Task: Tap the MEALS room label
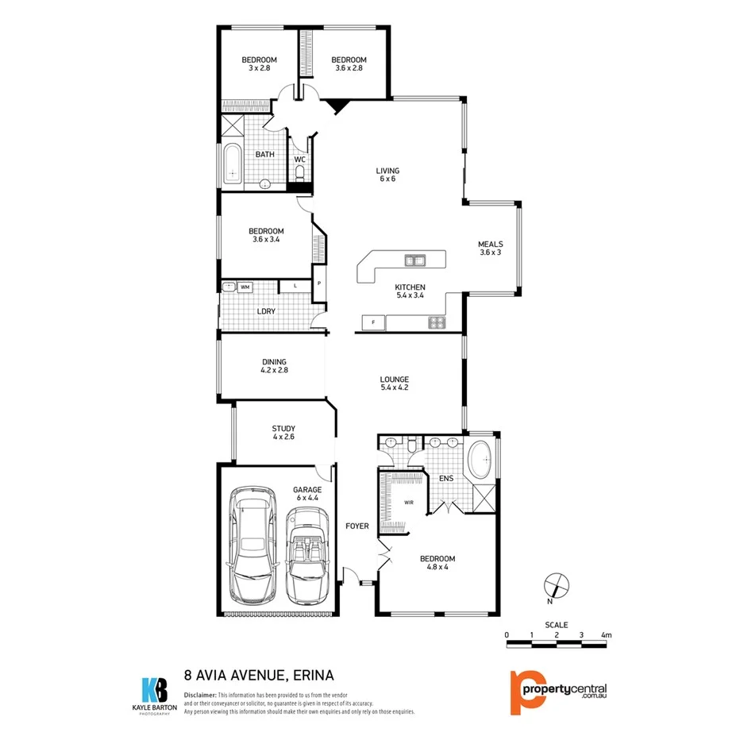(x=490, y=245)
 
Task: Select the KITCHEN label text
(x=410, y=287)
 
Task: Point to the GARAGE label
(x=307, y=490)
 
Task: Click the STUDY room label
(x=283, y=429)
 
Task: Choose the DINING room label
(x=273, y=362)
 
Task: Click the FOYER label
(x=357, y=526)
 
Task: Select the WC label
(x=299, y=160)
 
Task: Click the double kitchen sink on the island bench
(x=414, y=260)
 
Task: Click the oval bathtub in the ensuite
(x=480, y=461)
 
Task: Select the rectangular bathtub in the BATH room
(x=232, y=164)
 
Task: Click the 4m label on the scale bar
(x=607, y=635)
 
